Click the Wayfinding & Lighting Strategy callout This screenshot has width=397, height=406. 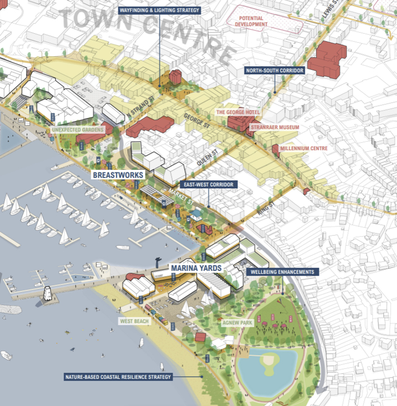click(159, 11)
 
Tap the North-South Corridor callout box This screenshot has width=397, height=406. click(274, 71)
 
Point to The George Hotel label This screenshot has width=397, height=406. click(238, 112)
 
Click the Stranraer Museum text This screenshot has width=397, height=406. click(276, 128)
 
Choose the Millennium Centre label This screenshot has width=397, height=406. click(304, 148)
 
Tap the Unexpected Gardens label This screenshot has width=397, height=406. click(78, 130)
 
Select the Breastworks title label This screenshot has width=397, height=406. click(119, 175)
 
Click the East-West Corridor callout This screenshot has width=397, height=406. click(207, 184)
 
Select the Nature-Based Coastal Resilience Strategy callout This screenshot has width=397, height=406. click(132, 377)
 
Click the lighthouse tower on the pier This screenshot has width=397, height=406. click(49, 292)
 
